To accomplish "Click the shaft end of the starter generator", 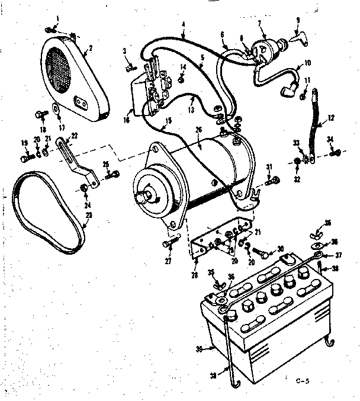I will [144, 195].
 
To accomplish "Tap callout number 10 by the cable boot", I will [307, 63].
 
